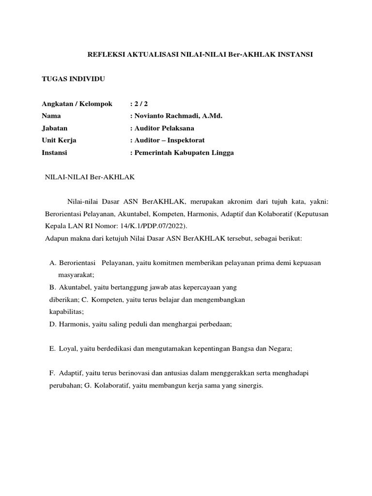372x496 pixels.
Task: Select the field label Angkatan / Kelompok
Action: [x=77, y=104]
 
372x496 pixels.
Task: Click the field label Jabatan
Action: [x=55, y=128]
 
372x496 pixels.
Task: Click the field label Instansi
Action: [x=55, y=153]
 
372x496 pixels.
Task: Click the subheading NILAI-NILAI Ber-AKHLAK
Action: [x=89, y=177]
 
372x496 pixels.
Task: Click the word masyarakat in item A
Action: [x=78, y=275]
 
